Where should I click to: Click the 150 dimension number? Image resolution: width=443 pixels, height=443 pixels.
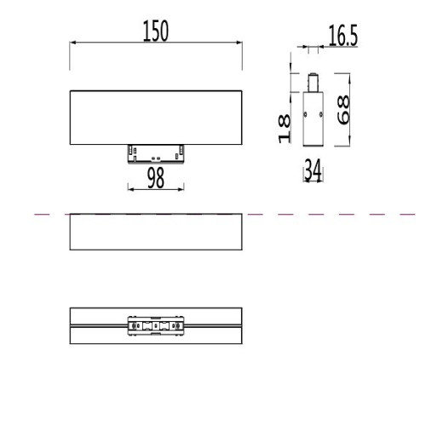155,32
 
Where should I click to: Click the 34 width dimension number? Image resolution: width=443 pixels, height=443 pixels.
312,171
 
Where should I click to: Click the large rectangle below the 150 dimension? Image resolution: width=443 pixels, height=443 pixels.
155,116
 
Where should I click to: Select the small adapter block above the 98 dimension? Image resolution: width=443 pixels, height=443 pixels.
155,152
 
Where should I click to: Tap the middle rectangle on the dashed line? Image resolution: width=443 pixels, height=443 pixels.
155,232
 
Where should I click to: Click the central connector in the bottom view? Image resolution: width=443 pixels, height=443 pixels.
155,325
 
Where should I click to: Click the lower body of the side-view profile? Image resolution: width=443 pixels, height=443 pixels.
313,121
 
